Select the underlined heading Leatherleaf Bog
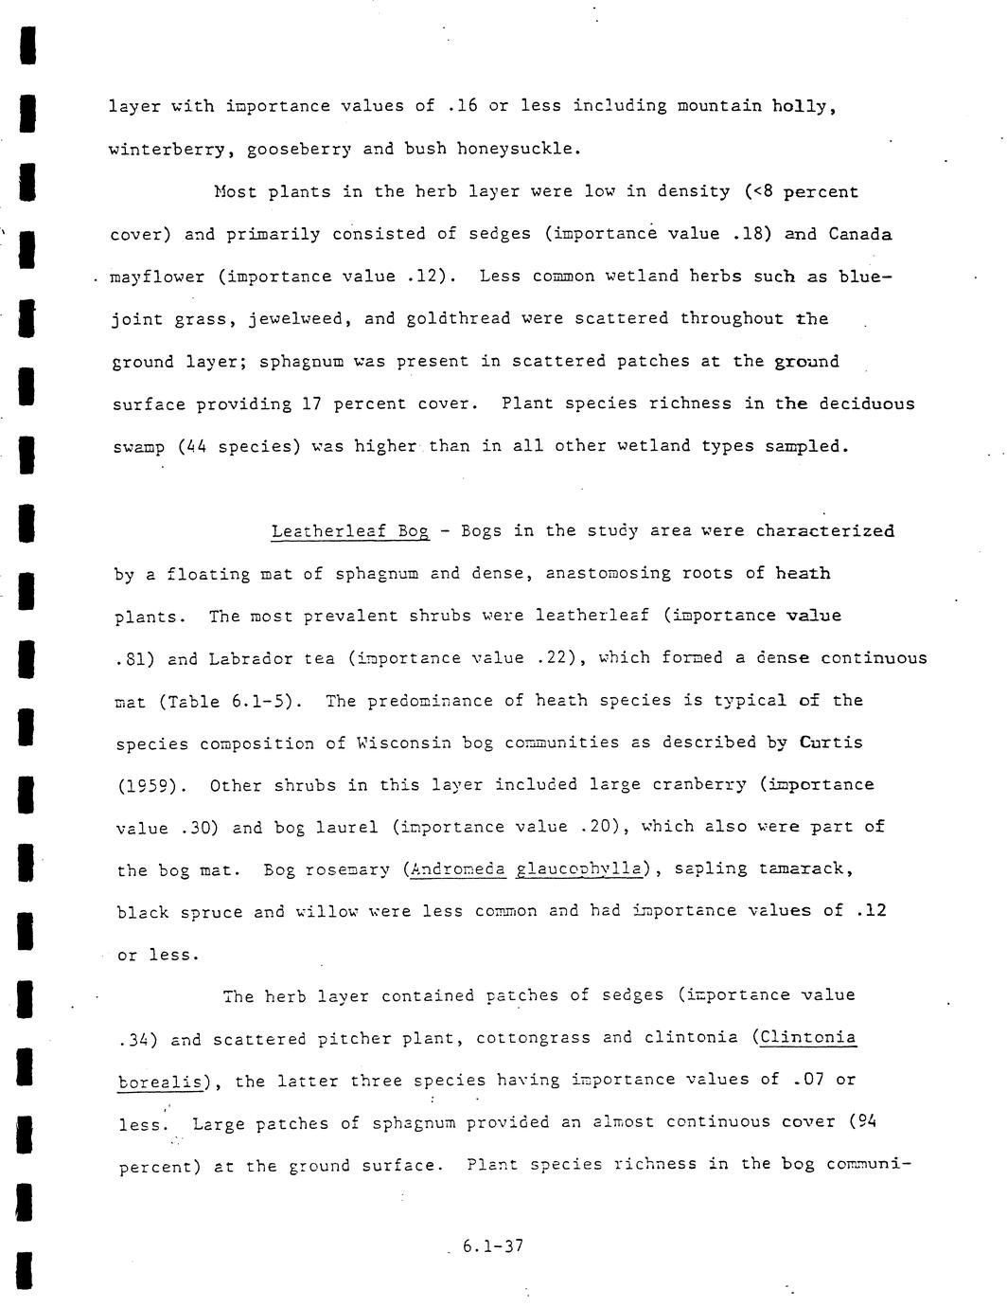350,531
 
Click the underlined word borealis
161,1082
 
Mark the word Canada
859,234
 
